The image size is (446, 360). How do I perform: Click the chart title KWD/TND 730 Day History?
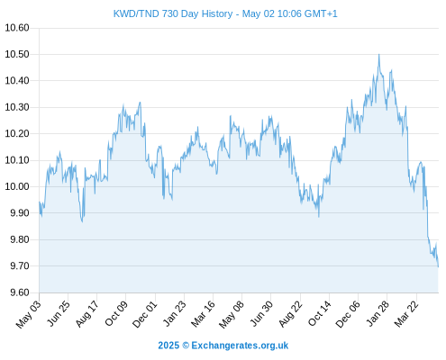pos(173,13)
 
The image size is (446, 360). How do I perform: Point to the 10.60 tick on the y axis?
pos(17,28)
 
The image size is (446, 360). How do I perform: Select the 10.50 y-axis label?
pos(17,54)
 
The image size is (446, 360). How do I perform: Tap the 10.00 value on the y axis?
pos(17,186)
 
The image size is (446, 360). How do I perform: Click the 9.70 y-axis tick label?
pos(20,265)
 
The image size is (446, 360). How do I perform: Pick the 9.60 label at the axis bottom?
pos(20,292)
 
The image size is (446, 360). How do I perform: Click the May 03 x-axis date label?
pos(29,314)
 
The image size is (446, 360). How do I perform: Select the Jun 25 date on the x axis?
pos(58,313)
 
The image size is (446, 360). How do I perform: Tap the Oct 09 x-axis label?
pos(116,313)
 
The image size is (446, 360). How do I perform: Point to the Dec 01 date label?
pos(145,314)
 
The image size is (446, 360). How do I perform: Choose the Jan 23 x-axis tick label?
pos(174,313)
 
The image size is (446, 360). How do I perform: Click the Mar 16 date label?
pos(203,314)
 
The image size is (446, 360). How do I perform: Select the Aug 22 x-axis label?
pos(290,314)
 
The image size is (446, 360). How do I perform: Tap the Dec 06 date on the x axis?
pos(348,314)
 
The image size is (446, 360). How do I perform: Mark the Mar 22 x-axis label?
pos(406,314)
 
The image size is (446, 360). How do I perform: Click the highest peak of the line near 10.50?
pos(379,55)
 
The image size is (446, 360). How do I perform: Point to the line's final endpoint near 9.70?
pos(438,266)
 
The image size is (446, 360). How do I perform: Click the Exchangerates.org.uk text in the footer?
pos(240,346)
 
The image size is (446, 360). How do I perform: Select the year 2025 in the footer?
pos(168,346)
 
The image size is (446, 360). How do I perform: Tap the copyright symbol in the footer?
pos(186,346)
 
